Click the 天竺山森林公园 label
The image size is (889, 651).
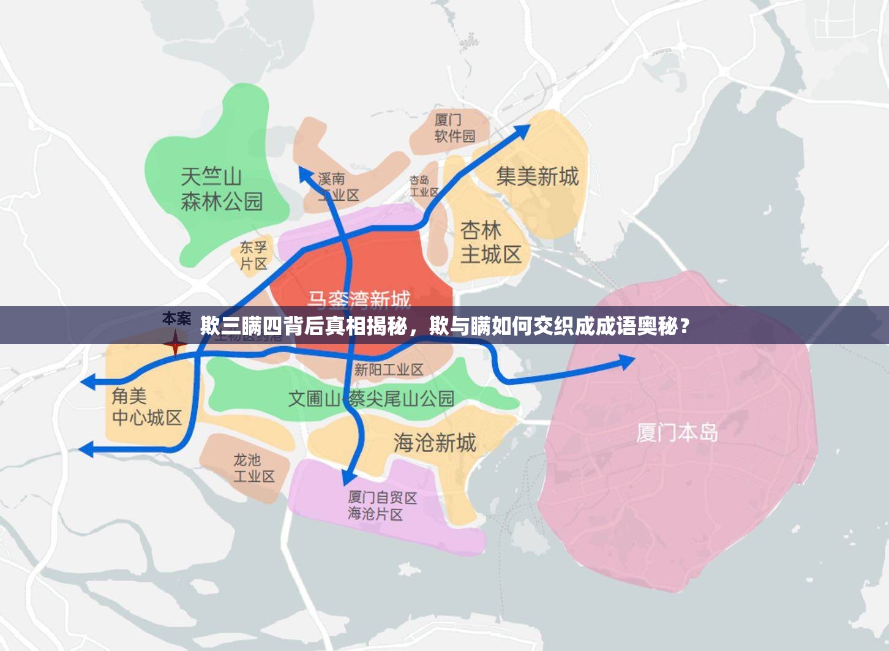pos(222,189)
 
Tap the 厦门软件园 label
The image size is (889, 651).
pos(454,127)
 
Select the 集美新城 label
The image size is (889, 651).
pos(537,176)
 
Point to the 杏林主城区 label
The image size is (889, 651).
pos(490,242)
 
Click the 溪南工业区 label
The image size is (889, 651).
pos(339,187)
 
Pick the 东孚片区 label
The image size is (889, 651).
pos(253,255)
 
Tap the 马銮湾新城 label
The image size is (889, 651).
pos(359,299)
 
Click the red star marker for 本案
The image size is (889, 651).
pos(175,343)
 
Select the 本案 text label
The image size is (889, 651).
pos(176,318)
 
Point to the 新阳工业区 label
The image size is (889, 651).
pos(389,369)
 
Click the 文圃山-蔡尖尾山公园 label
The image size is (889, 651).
pos(371,399)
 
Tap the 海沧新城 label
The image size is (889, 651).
pos(434,442)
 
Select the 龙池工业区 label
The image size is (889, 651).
pos(253,467)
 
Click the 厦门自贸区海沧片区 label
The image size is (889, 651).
pos(382,505)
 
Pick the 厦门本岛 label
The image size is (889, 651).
pos(677,432)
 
